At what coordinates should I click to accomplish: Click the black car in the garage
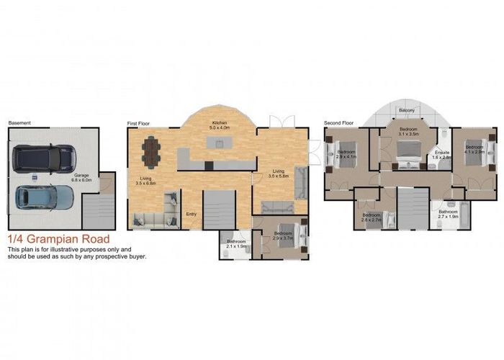pyautogui.click(x=44, y=156)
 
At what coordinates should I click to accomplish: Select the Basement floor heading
pyautogui.click(x=19, y=123)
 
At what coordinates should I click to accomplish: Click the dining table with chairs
pyautogui.click(x=152, y=151)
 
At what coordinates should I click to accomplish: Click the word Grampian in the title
pyautogui.click(x=55, y=239)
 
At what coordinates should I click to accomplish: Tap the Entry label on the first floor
pyautogui.click(x=192, y=214)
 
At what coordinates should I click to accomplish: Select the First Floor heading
pyautogui.click(x=140, y=124)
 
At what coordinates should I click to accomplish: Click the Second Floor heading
pyautogui.click(x=338, y=124)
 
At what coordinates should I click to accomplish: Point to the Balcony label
pyautogui.click(x=407, y=110)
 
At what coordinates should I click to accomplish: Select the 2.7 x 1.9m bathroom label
pyautogui.click(x=451, y=213)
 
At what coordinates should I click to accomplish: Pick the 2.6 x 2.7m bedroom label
pyautogui.click(x=371, y=217)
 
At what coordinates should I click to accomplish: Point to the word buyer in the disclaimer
pyautogui.click(x=135, y=256)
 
